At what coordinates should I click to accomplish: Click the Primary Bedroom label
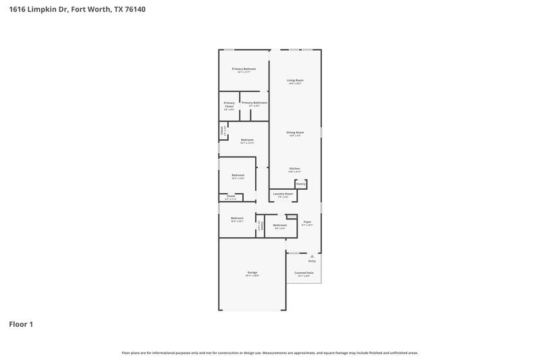tap(244, 70)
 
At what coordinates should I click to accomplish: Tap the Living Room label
tap(295, 80)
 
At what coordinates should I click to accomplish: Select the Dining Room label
tap(295, 132)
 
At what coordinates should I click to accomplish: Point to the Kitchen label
tap(295, 168)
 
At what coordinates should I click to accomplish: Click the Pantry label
tap(301, 184)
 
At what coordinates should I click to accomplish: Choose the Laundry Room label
tap(283, 194)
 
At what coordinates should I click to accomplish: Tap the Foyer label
tap(308, 222)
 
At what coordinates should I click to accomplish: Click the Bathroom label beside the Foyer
tap(280, 226)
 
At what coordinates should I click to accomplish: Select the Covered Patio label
tap(304, 273)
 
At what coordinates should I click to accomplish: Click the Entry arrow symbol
tap(312, 256)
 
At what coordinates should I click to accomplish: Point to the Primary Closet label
tap(230, 105)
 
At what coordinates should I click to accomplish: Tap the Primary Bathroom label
tap(254, 103)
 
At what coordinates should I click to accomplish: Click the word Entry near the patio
tap(312, 261)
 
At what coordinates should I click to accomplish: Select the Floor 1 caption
tap(21, 324)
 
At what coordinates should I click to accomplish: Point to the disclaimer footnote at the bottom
tap(270, 353)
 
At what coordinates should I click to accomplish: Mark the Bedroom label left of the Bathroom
tap(237, 218)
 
